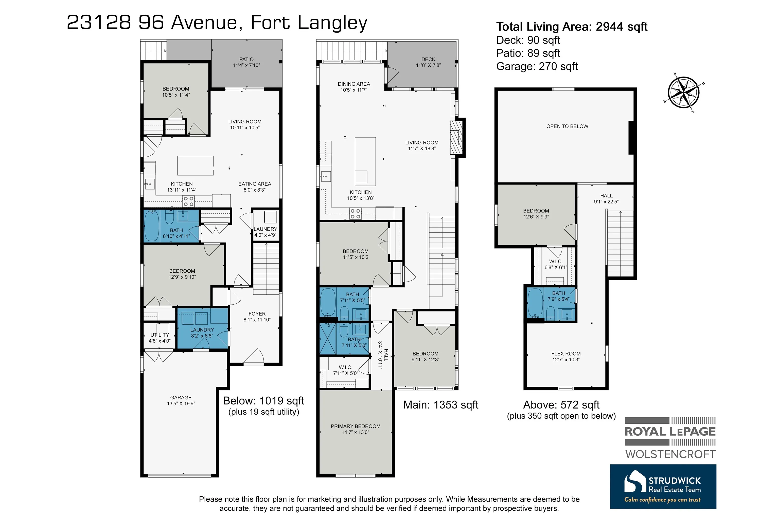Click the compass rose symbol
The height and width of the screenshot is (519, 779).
pos(684,92)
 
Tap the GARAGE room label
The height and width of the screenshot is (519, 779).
pos(181,398)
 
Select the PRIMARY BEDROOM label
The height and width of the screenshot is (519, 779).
pos(355,426)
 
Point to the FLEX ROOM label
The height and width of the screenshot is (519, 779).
pos(566,354)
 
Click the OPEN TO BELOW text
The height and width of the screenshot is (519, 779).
pos(567,126)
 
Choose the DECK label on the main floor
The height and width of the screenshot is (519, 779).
pos(428,59)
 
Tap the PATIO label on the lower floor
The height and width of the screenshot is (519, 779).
pos(246,59)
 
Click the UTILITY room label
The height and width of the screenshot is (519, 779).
pos(160,335)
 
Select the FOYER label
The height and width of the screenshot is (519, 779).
pos(257,314)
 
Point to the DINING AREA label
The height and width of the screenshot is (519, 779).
pos(354,84)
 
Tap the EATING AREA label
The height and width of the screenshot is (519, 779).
pos(254,184)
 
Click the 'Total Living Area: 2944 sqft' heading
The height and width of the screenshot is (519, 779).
pos(572,26)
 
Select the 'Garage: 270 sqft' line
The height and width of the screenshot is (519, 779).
pos(537,66)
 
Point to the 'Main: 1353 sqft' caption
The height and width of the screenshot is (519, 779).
pos(440,404)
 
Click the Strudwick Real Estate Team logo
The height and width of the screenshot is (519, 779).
pos(663,486)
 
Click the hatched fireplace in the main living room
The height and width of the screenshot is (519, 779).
pos(456,137)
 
